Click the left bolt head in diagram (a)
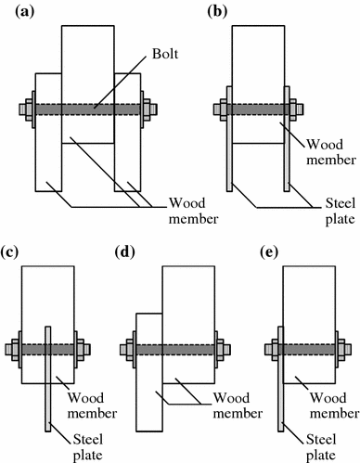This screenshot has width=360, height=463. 24,109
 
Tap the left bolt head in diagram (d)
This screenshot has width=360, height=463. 125,350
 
